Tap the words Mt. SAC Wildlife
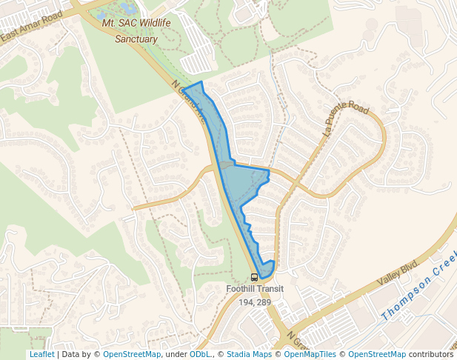coord(136,24)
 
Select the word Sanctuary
coord(136,39)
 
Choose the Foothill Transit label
coord(255,290)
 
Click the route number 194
coord(246,302)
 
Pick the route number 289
coord(264,302)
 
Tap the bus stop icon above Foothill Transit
coord(255,278)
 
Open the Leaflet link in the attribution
coord(41,354)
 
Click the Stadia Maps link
coord(252,354)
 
